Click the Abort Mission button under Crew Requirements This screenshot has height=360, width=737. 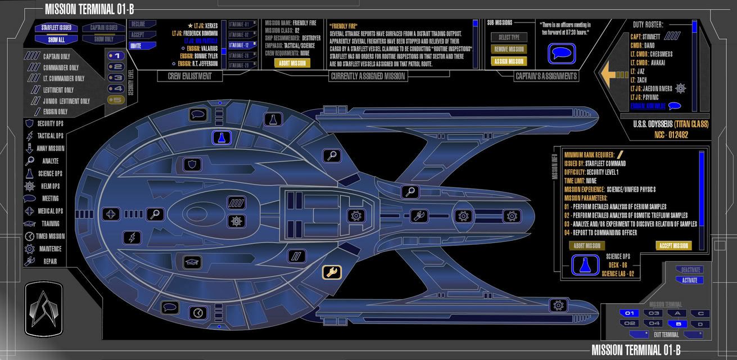coord(292,63)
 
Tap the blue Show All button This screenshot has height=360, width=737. coord(56,39)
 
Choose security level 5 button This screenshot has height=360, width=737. coord(115,100)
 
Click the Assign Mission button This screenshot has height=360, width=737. coord(509,61)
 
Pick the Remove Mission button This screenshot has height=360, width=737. coord(509,49)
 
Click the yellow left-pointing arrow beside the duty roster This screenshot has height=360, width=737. coord(613,74)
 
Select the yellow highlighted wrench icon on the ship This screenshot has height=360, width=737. coord(331,272)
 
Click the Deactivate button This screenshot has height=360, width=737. coord(689,270)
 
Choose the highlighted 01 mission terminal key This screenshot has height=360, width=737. coord(630,313)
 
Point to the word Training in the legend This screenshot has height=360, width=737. coord(51,223)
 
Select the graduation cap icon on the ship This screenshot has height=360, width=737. coord(192,262)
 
